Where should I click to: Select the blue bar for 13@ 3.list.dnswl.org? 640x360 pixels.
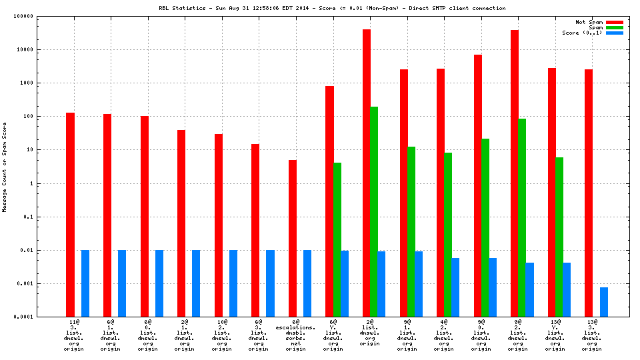(603, 302)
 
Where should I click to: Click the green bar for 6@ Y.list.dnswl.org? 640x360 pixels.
(337, 239)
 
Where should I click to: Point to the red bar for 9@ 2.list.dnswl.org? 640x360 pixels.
(515, 173)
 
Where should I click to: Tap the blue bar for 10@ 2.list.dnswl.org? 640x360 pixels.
(233, 283)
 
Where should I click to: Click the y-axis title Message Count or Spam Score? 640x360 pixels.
(5, 167)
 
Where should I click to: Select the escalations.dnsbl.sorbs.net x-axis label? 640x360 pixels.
(295, 337)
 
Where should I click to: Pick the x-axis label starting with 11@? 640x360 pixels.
(73, 337)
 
